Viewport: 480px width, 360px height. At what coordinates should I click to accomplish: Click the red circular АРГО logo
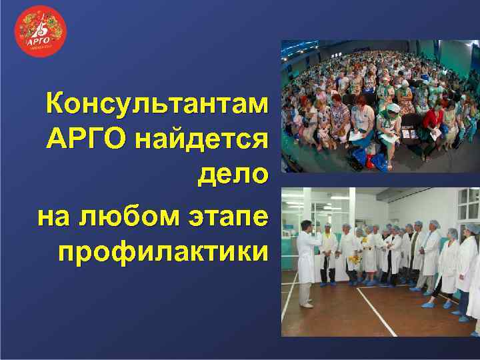41,31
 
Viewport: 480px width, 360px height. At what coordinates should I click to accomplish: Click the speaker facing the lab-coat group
305,260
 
